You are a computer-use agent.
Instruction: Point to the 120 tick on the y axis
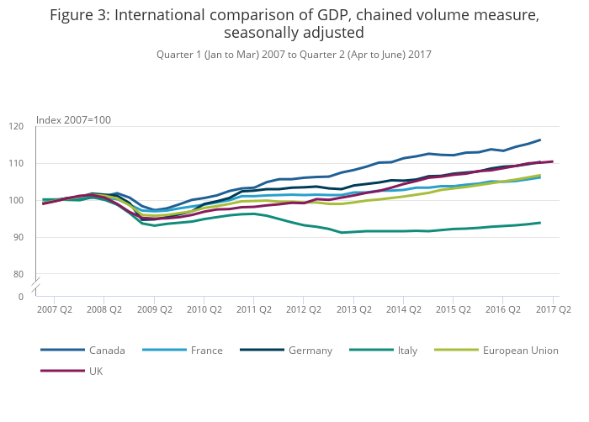(x=40, y=126)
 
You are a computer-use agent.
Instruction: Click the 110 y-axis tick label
(x=40, y=163)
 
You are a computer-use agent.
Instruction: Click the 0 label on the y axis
(x=44, y=296)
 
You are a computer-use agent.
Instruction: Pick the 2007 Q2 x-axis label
(x=54, y=309)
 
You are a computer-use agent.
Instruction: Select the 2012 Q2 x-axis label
(x=304, y=309)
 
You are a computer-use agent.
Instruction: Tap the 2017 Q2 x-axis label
(x=553, y=309)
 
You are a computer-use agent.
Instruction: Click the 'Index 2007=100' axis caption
(x=73, y=120)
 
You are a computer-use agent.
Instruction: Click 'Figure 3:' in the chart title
(x=81, y=15)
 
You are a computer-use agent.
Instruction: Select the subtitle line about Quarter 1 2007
(x=294, y=55)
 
